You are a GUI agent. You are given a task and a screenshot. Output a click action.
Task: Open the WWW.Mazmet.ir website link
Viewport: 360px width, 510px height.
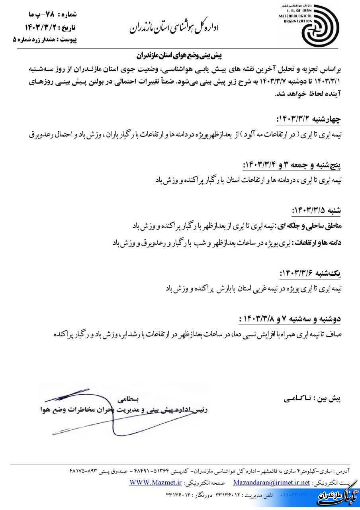[155, 483]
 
